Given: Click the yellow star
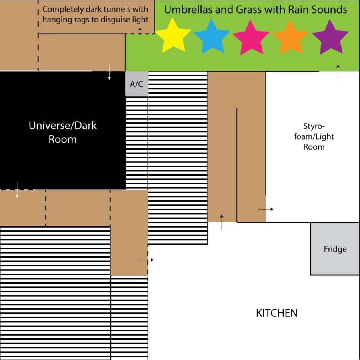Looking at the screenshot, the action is click(x=173, y=36).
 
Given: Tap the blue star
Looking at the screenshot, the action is click(x=212, y=37).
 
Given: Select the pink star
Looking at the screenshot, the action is click(x=251, y=38).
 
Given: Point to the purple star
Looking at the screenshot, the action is click(x=330, y=38).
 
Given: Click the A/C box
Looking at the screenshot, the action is click(x=137, y=84).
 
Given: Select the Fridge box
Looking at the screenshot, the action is click(x=335, y=249).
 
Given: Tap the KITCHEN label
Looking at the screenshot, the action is click(x=277, y=313).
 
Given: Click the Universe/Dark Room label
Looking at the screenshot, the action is click(x=63, y=132).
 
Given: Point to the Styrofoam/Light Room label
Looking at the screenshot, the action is click(x=314, y=136).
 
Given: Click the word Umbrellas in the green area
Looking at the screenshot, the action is click(x=190, y=10).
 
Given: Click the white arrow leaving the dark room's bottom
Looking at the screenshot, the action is click(x=17, y=190).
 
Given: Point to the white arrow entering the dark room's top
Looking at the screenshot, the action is click(x=109, y=72).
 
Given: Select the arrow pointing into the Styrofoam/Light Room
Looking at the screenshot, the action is click(x=266, y=209).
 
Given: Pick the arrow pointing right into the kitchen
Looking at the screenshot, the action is click(x=146, y=260).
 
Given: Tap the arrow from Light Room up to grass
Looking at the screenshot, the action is click(x=338, y=72).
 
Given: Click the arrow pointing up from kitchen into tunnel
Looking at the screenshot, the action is click(x=222, y=222).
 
